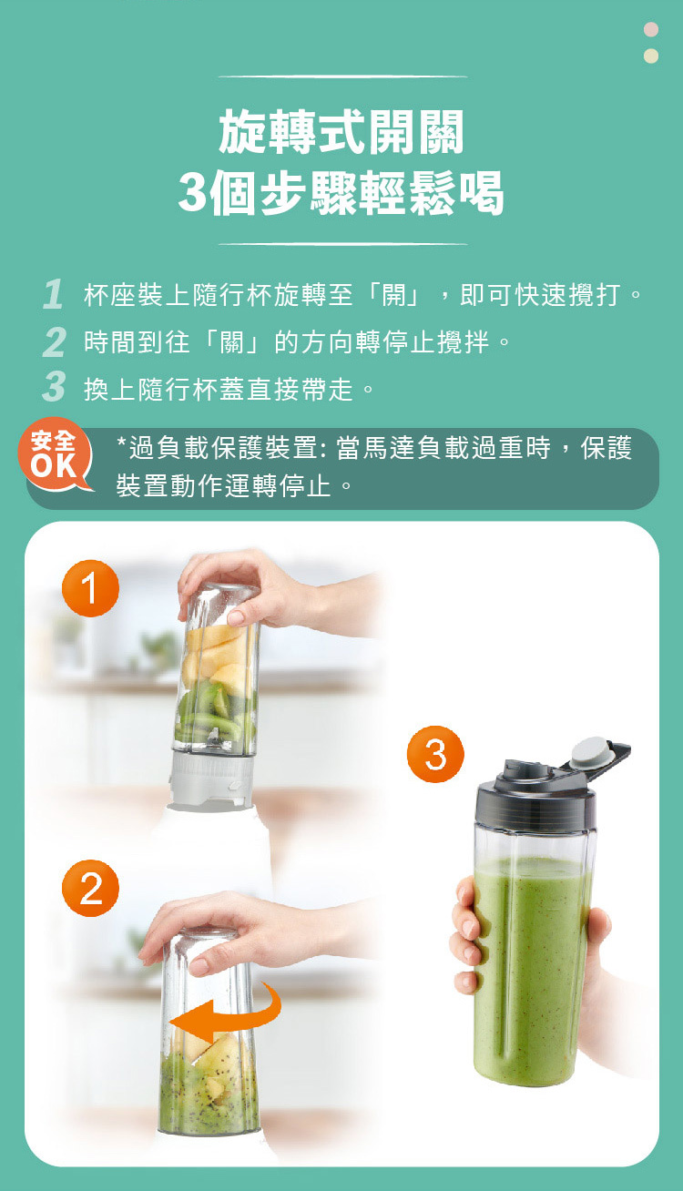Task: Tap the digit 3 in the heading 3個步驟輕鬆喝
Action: click(x=192, y=193)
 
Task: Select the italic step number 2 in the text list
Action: click(x=54, y=343)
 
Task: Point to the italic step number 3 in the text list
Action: click(x=54, y=390)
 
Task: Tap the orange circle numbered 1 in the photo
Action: click(x=90, y=590)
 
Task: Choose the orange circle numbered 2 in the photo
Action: click(x=90, y=889)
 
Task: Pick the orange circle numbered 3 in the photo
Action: click(x=435, y=755)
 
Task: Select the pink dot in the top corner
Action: click(x=650, y=30)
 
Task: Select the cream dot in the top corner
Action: click(x=650, y=56)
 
